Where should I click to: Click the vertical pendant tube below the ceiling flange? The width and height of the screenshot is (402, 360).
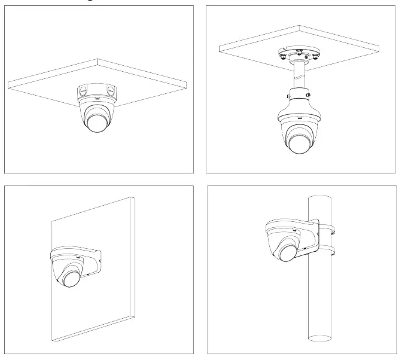pyautogui.click(x=298, y=77)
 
